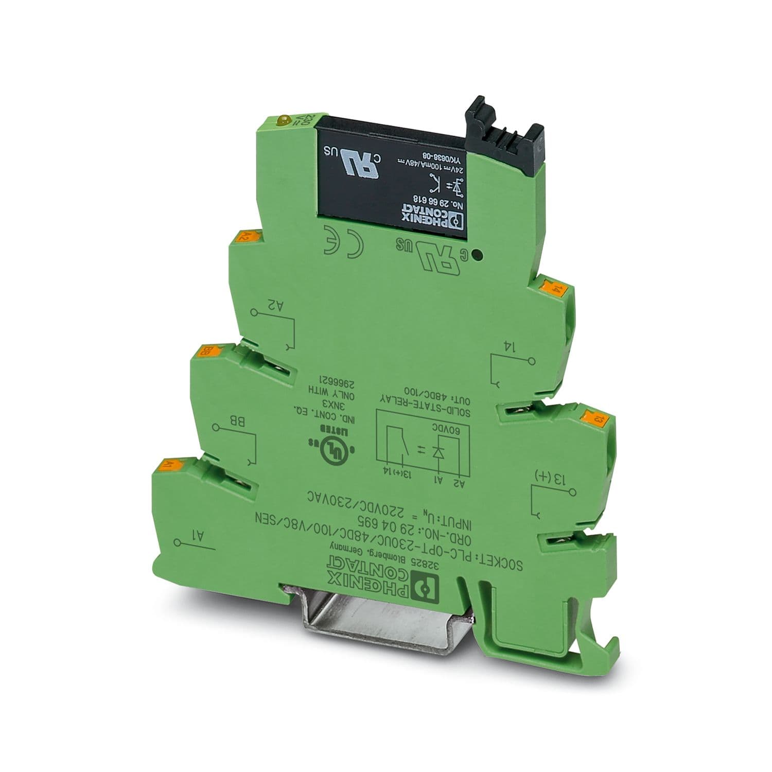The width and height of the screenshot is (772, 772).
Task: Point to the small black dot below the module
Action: click(479, 254)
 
